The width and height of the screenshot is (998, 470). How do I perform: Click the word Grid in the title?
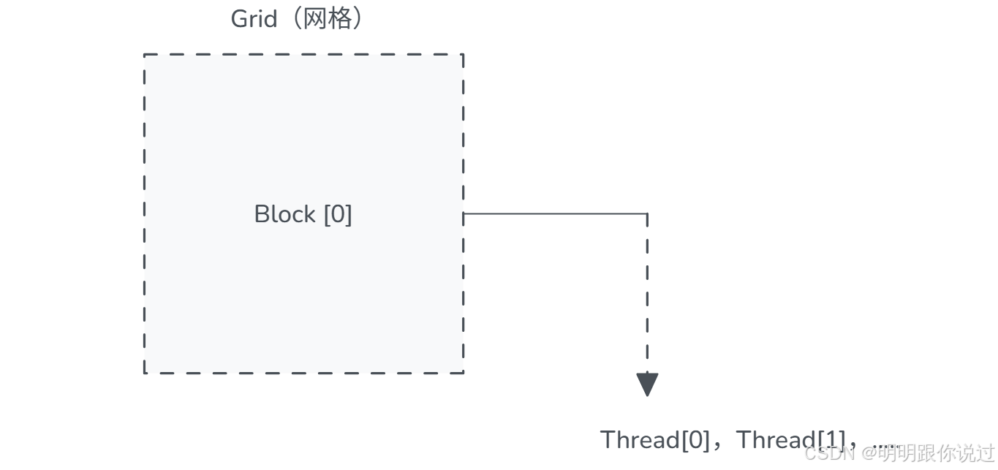point(254,19)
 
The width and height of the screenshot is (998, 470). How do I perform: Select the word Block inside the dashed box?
point(284,214)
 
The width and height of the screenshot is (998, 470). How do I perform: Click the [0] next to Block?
point(337,214)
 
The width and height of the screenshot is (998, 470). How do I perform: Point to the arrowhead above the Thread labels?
point(647,384)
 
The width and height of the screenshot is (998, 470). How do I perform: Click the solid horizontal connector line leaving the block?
point(556,213)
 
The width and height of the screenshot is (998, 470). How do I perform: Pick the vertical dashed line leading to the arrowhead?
point(647,292)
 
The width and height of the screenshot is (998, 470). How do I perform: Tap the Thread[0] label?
point(654,440)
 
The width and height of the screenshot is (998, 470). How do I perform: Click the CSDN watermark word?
point(830,453)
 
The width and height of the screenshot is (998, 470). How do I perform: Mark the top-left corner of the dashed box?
point(145,55)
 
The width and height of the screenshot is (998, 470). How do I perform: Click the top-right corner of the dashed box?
point(463,55)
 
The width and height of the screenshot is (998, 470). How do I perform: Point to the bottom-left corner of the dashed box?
point(145,373)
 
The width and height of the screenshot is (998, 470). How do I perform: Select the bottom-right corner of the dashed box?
point(463,373)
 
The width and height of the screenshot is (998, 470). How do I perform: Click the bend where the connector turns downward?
point(647,213)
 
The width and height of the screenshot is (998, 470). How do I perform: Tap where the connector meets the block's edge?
point(464,213)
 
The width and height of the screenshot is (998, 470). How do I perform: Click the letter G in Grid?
point(240,19)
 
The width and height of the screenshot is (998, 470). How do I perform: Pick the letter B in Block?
point(261,214)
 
